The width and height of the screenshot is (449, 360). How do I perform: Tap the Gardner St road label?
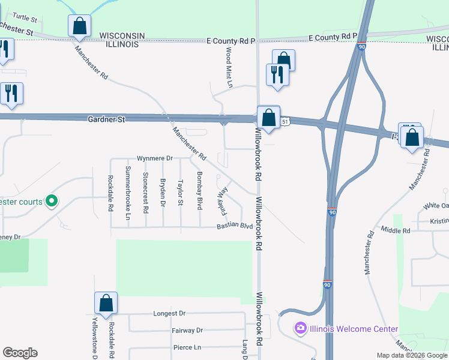pos(106,119)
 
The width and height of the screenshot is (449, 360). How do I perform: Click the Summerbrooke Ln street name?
pos(128,188)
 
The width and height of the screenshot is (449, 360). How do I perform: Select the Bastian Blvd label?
pos(235,226)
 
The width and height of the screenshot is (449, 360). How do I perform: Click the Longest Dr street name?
pos(169,313)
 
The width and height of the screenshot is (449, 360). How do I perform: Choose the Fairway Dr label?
pos(187,330)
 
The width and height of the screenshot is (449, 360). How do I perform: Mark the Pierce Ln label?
pos(187,347)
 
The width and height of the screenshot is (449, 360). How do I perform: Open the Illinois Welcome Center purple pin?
pos(300,328)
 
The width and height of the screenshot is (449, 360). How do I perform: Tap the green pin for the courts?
pos(52,201)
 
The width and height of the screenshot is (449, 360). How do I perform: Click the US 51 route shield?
pos(286,121)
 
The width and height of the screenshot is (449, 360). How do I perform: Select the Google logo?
pos(20,353)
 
